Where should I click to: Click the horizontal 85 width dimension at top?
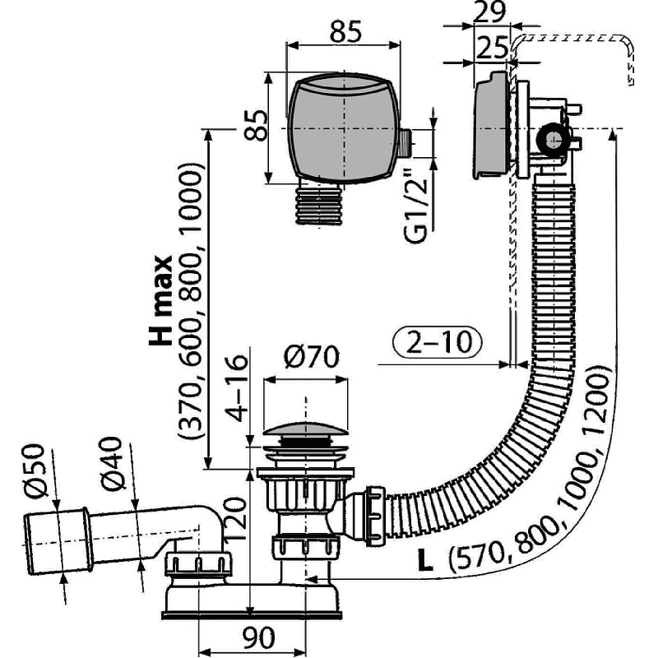click(346, 33)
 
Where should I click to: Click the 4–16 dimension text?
click(237, 386)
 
